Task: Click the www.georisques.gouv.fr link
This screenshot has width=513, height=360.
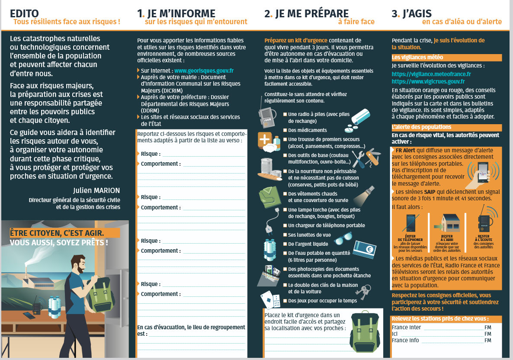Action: pyautogui.click(x=204, y=71)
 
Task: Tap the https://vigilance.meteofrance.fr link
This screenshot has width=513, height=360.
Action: pyautogui.click(x=431, y=74)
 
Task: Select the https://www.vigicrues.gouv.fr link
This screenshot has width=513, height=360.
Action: pyautogui.click(x=428, y=81)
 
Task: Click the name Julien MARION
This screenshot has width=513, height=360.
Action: pyautogui.click(x=96, y=190)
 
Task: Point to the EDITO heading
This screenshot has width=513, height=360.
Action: pyautogui.click(x=24, y=13)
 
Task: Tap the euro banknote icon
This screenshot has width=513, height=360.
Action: pyautogui.click(x=365, y=249)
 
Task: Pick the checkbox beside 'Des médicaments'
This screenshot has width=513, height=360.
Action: pyautogui.click(x=285, y=130)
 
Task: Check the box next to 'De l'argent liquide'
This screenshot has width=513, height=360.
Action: pyautogui.click(x=285, y=244)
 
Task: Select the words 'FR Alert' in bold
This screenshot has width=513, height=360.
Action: pyautogui.click(x=405, y=151)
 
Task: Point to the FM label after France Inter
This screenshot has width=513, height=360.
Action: pyautogui.click(x=488, y=327)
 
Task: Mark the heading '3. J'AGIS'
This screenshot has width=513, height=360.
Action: pyautogui.click(x=412, y=13)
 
